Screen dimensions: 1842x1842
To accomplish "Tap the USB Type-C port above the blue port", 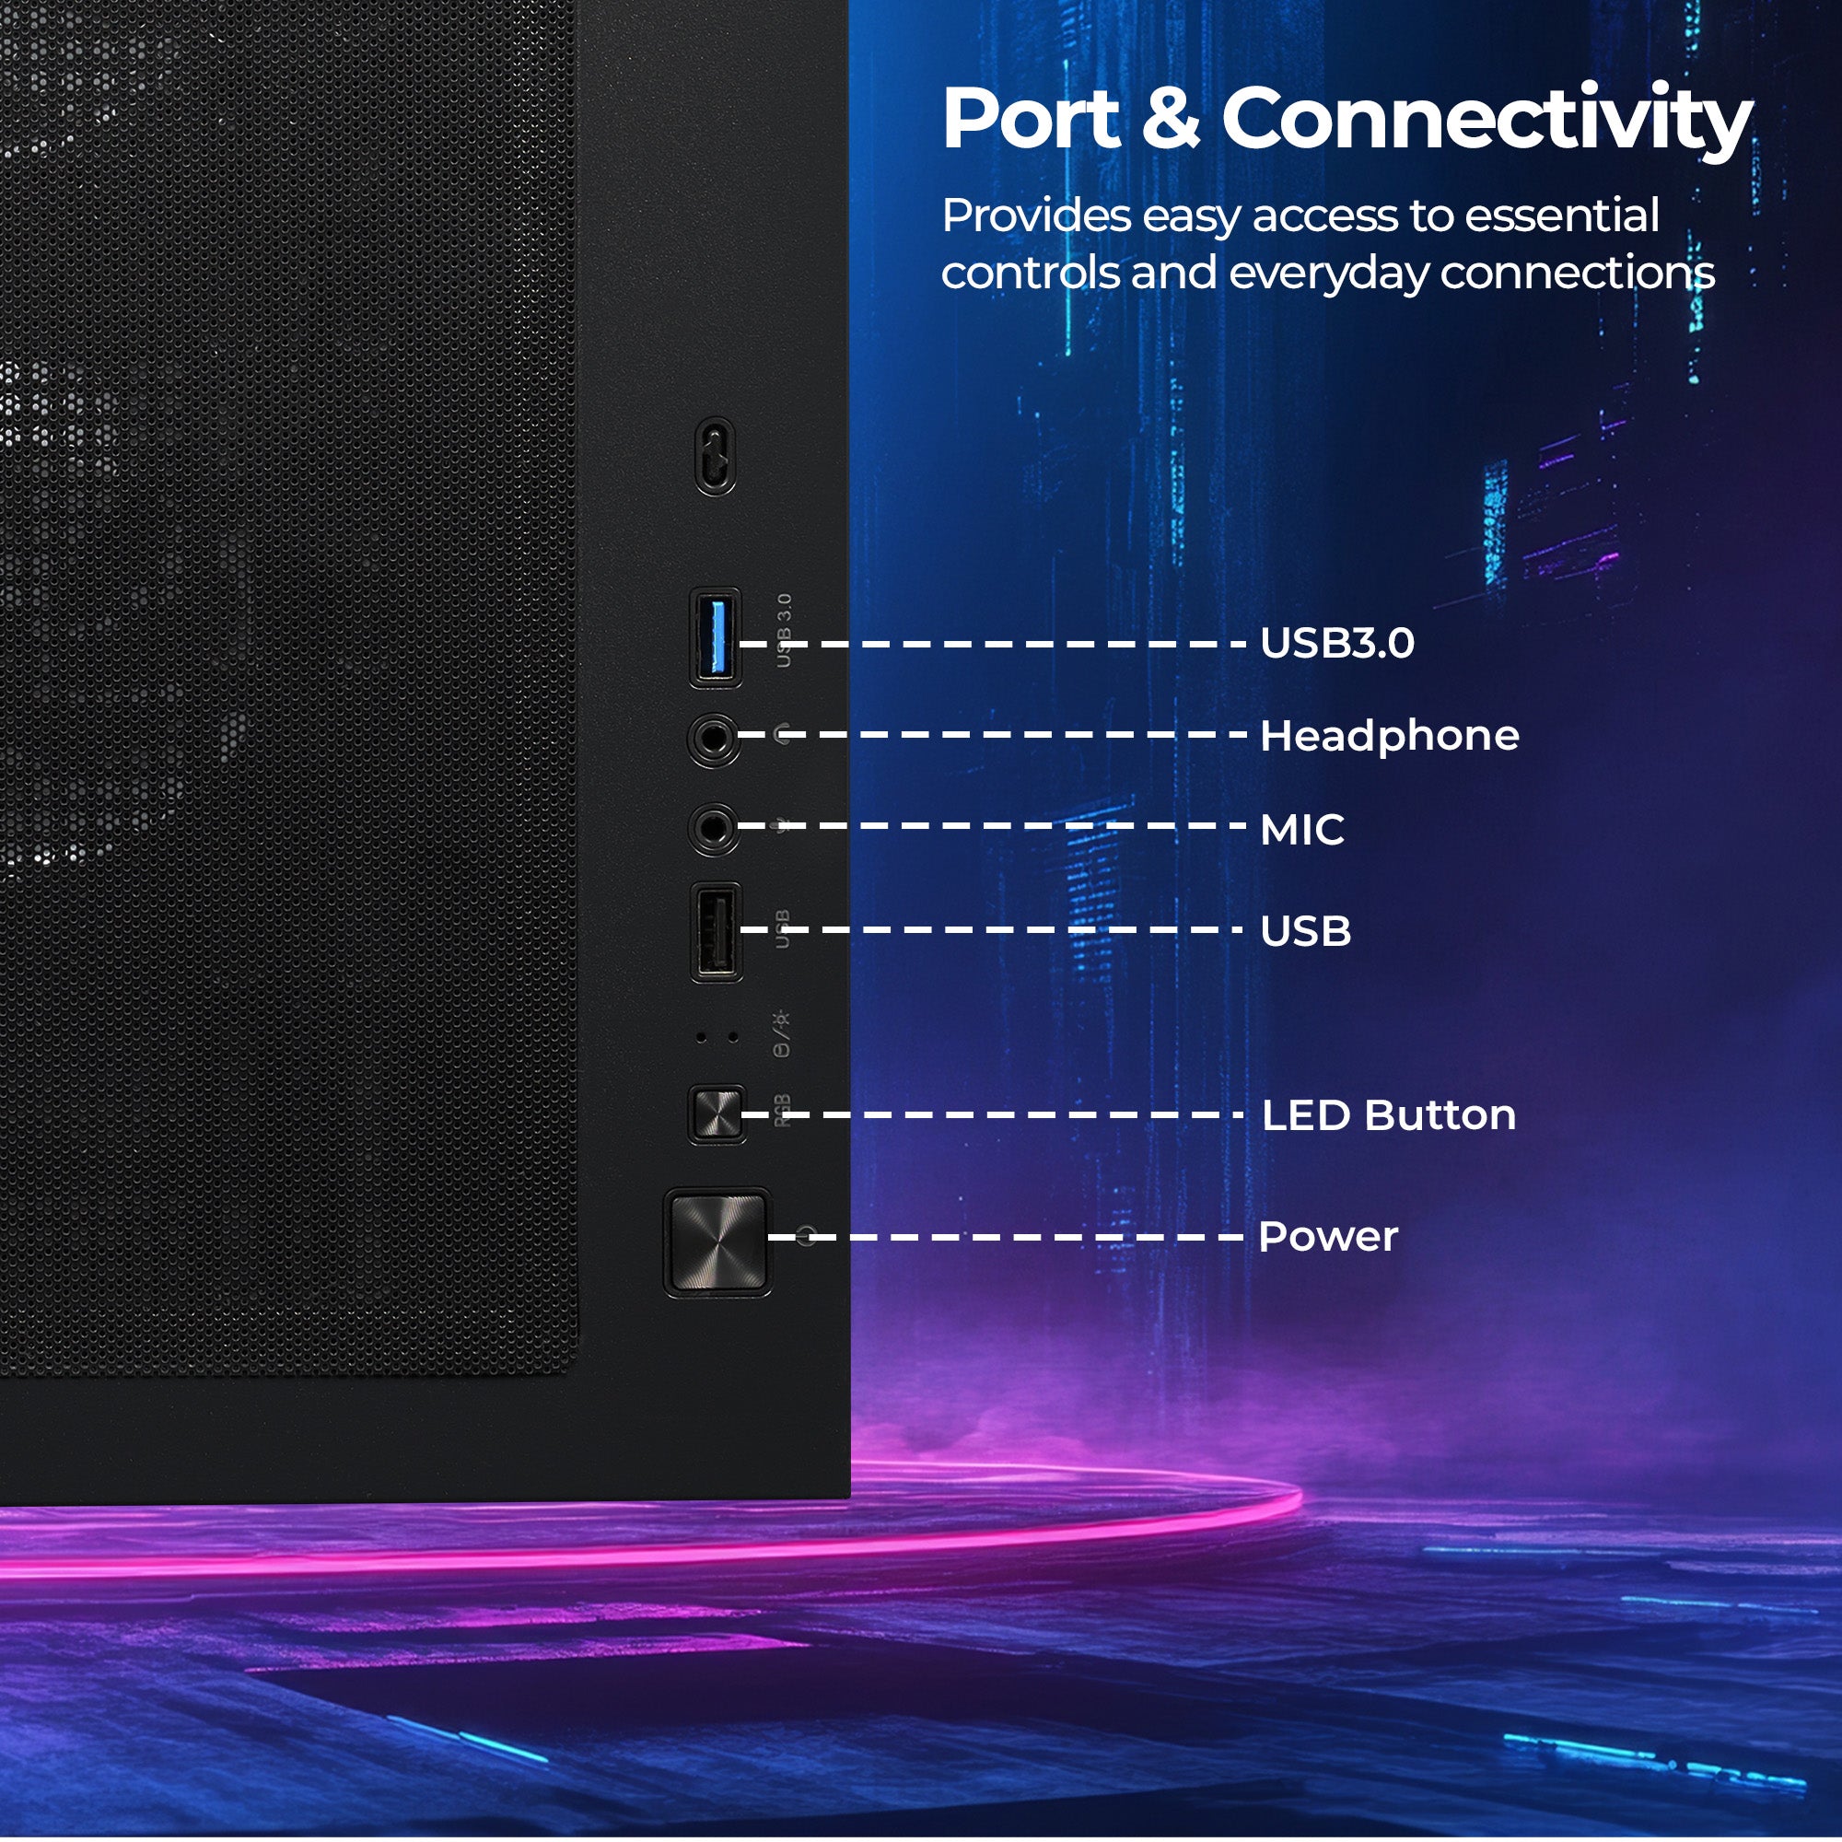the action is point(715,457).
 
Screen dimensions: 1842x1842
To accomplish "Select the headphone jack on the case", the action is point(713,739).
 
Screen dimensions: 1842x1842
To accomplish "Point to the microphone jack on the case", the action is point(713,829).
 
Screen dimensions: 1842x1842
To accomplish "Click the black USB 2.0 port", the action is point(716,932).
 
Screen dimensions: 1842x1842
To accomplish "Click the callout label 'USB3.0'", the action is point(1336,644).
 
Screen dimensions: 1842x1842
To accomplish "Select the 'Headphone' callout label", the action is point(1389,736).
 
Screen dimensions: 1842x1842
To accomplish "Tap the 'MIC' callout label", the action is point(1301,830).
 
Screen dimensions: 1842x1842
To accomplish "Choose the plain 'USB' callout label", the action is point(1305,931).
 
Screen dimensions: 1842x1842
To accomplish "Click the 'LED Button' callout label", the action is point(1388,1114).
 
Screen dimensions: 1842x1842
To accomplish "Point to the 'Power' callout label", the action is point(1328,1237).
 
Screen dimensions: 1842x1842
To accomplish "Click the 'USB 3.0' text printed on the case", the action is point(784,630).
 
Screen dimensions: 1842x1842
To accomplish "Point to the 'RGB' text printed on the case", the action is point(783,1110).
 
